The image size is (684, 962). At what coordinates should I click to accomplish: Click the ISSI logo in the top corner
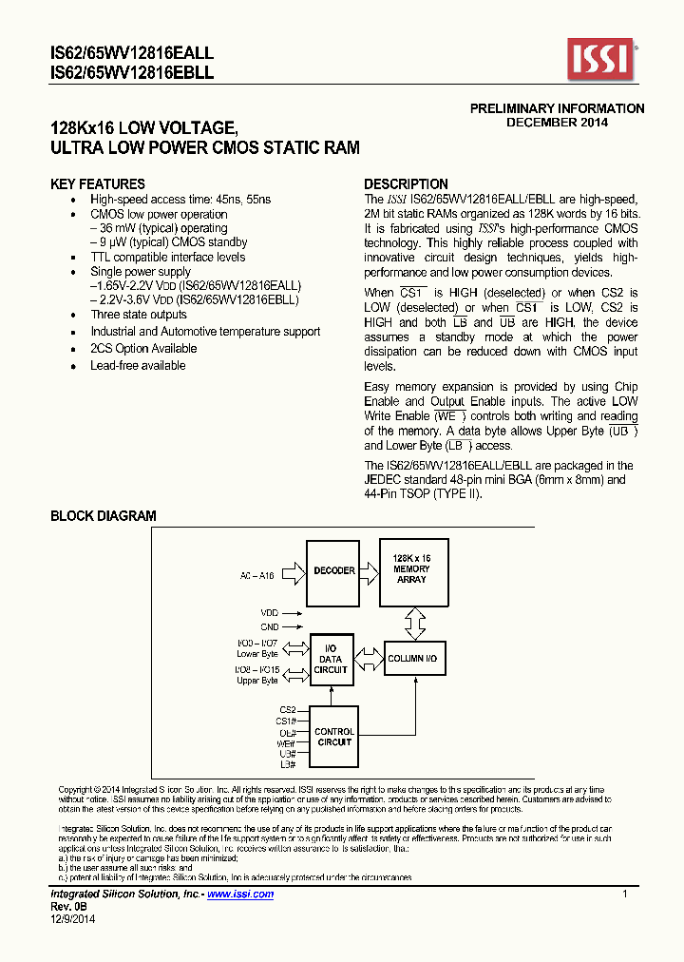click(x=600, y=59)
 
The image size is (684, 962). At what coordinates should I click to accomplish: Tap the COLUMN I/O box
click(x=412, y=659)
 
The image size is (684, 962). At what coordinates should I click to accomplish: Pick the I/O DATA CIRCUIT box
click(x=331, y=659)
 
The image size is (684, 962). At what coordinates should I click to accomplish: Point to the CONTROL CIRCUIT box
click(x=334, y=737)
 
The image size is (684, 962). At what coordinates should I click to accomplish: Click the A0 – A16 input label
click(x=256, y=576)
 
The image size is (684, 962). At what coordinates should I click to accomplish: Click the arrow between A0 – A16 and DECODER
click(x=292, y=572)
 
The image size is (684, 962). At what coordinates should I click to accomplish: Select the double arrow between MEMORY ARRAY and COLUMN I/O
click(x=412, y=624)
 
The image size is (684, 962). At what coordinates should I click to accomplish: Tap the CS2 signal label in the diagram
click(x=288, y=709)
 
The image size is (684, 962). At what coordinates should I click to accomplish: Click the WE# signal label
click(x=287, y=742)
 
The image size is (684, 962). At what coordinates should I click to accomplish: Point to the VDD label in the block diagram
click(x=270, y=613)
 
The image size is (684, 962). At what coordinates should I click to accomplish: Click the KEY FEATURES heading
click(x=98, y=184)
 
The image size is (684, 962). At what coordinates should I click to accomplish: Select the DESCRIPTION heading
click(x=407, y=184)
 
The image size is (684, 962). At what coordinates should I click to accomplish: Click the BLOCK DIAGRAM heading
click(x=103, y=516)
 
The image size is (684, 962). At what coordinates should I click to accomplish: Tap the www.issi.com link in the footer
click(x=240, y=895)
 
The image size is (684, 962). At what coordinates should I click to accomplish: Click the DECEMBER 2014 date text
click(x=557, y=122)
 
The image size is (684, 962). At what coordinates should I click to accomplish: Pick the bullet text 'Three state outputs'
click(x=139, y=315)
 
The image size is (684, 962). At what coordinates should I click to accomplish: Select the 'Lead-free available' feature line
click(x=138, y=366)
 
